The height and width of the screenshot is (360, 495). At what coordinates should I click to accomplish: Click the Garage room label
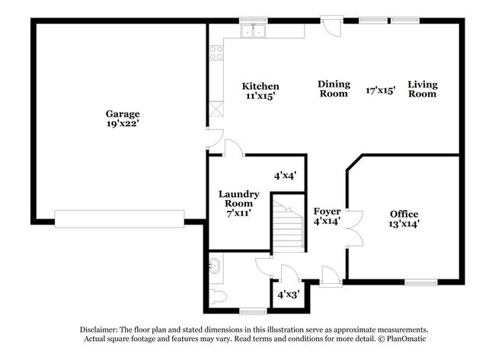click(122, 113)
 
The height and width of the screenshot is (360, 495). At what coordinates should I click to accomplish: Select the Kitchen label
click(260, 86)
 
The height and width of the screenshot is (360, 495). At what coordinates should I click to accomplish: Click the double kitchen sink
click(253, 31)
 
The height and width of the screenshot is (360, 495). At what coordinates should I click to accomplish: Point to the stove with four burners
click(216, 53)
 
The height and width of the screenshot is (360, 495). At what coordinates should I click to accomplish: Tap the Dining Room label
click(334, 89)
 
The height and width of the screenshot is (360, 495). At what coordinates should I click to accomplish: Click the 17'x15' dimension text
click(381, 89)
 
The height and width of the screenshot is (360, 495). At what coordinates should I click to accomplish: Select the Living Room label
click(422, 89)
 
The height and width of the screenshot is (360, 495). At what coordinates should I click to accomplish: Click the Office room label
click(404, 214)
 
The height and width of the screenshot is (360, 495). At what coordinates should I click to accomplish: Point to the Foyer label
click(327, 211)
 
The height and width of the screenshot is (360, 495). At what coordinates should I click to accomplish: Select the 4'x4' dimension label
click(286, 175)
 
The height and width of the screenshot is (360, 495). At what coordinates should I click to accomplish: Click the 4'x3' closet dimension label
click(287, 294)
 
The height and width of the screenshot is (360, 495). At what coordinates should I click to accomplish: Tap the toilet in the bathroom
click(216, 296)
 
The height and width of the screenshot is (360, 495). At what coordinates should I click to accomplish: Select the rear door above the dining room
click(332, 27)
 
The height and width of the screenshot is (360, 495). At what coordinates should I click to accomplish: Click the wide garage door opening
click(119, 219)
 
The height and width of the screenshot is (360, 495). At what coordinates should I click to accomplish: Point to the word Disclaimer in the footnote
click(104, 329)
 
